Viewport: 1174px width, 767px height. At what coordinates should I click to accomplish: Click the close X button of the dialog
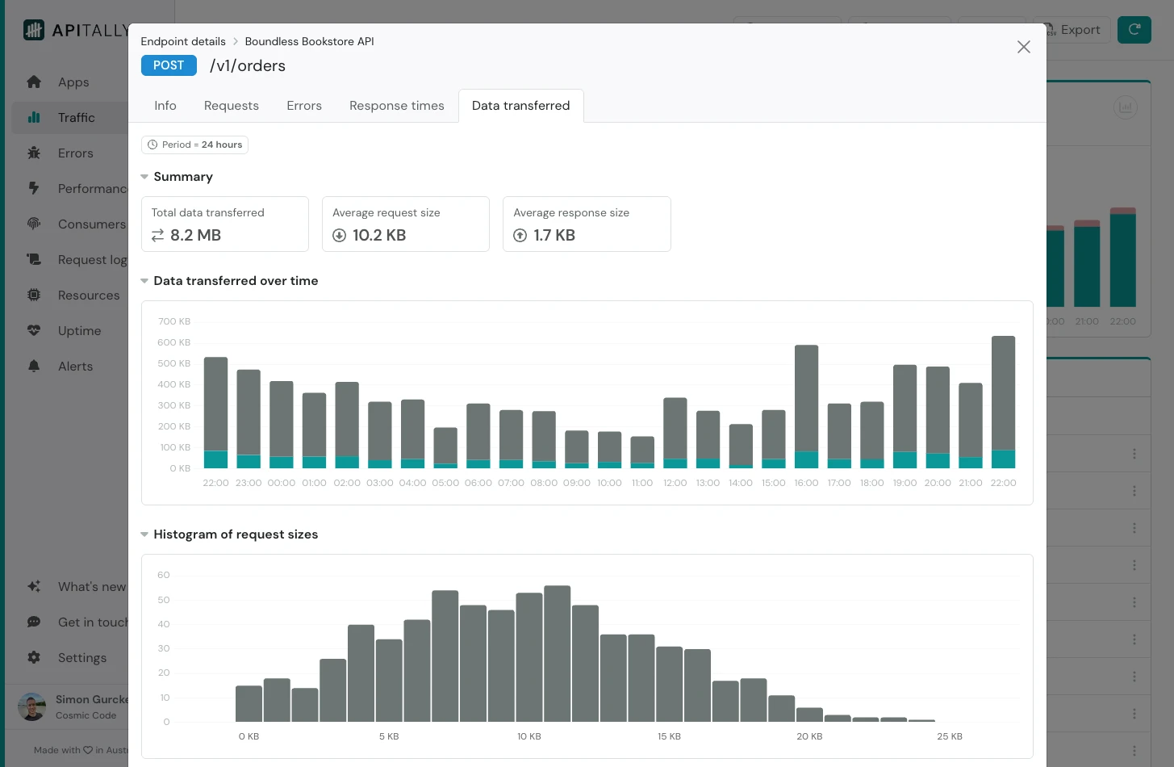click(x=1023, y=47)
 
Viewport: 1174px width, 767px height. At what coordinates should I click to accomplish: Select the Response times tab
click(x=396, y=106)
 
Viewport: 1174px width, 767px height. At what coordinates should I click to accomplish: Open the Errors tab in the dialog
click(x=303, y=106)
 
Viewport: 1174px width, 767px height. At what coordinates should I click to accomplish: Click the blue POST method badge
click(x=169, y=65)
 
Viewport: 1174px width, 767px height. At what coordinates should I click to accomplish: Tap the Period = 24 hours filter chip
click(x=194, y=145)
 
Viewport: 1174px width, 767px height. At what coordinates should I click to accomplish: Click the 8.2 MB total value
click(x=195, y=235)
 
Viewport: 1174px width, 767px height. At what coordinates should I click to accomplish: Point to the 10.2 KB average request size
click(x=378, y=235)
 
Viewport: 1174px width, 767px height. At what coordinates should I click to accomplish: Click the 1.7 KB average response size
click(x=554, y=235)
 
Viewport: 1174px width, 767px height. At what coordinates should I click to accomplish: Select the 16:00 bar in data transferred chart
click(x=806, y=404)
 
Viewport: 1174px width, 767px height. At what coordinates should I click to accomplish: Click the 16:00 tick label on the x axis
click(x=806, y=483)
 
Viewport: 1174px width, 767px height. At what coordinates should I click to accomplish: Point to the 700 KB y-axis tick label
click(x=173, y=321)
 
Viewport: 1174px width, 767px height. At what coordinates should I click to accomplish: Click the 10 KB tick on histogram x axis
click(x=529, y=736)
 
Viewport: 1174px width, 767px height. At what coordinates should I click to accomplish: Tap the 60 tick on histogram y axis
click(x=164, y=575)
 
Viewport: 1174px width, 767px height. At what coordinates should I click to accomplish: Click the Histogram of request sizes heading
click(x=236, y=534)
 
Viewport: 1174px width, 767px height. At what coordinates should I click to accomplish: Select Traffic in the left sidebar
click(x=76, y=118)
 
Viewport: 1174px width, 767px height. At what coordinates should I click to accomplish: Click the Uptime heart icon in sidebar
click(x=34, y=330)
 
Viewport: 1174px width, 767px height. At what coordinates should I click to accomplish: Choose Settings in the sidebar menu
click(x=81, y=658)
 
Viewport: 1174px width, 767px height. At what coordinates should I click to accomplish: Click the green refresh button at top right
click(x=1134, y=30)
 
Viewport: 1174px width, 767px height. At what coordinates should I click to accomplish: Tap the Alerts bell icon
click(x=34, y=366)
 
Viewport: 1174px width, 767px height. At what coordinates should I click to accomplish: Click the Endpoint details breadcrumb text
click(x=183, y=41)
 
